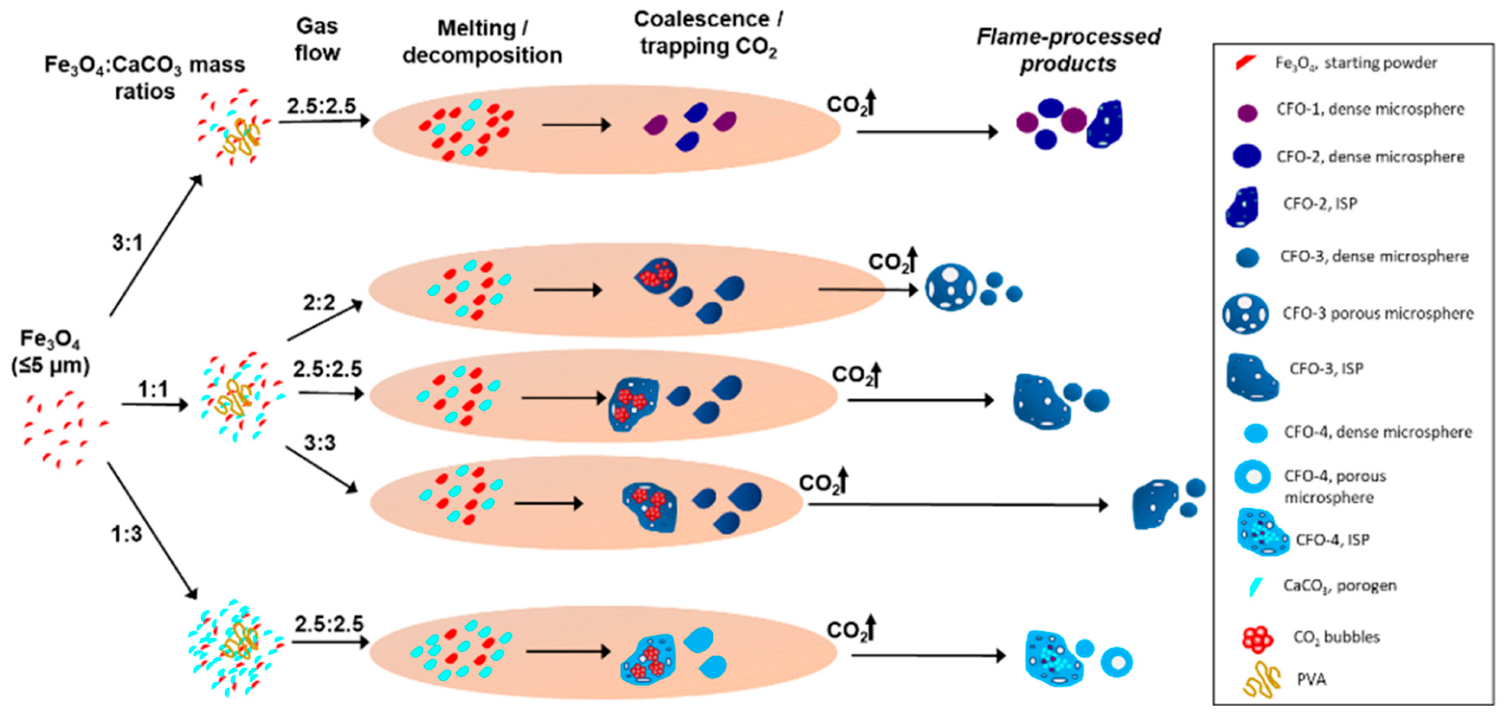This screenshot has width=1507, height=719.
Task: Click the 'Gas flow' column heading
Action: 317,39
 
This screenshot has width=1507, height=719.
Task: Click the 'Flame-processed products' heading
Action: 1068,50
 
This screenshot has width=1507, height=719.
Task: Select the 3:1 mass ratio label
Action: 127,242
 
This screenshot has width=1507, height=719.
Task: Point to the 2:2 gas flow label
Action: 319,303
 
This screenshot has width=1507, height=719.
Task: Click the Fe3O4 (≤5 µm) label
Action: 50,352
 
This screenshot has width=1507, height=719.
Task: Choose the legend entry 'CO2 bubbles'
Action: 1336,637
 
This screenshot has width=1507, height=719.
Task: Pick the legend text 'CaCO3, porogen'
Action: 1340,586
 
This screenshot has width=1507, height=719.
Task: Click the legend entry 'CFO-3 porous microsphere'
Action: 1378,313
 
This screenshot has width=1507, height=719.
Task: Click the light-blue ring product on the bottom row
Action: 1116,662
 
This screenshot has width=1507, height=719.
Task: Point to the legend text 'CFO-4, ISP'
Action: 1332,539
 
